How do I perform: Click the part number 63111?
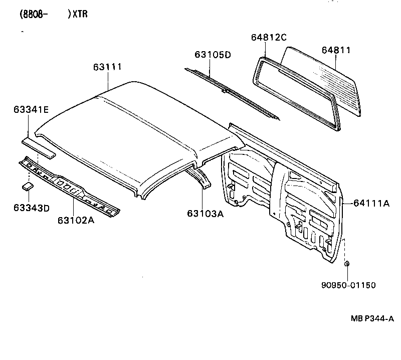[x=108, y=67]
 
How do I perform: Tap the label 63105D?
[x=213, y=55]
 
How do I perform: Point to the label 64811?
[x=336, y=50]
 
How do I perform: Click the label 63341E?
[x=31, y=109]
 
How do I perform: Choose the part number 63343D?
[x=32, y=208]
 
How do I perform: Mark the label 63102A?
[x=77, y=220]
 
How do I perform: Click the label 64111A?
[x=371, y=203]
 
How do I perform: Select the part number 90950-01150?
[x=348, y=285]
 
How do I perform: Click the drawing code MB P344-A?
[x=372, y=318]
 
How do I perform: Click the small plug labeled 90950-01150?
[x=346, y=264]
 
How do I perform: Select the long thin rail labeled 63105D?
[x=231, y=93]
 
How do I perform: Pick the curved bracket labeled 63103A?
[x=201, y=178]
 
